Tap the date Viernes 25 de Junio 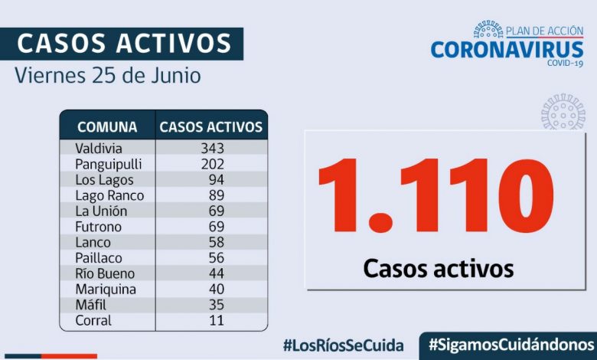pyautogui.click(x=107, y=77)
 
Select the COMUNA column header pyautogui.click(x=107, y=127)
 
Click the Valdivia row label pyautogui.click(x=99, y=148)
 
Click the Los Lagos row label pyautogui.click(x=104, y=180)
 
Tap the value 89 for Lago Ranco pyautogui.click(x=216, y=195)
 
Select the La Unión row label pyautogui.click(x=101, y=211)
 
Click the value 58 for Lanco pyautogui.click(x=216, y=242)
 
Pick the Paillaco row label pyautogui.click(x=99, y=258)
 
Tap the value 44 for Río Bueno pyautogui.click(x=216, y=273)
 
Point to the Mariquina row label pyautogui.click(x=106, y=290)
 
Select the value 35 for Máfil pyautogui.click(x=216, y=305)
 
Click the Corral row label pyautogui.click(x=93, y=320)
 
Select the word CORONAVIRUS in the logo pyautogui.click(x=507, y=50)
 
